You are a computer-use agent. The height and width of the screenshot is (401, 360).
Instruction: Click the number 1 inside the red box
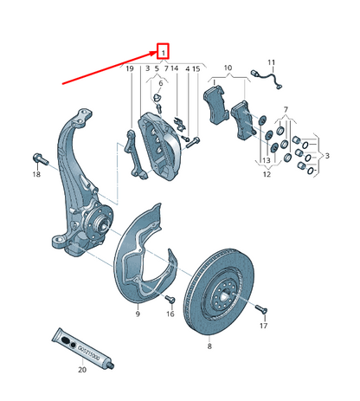(x=163, y=51)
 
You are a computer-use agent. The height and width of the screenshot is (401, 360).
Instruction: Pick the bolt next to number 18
(x=38, y=158)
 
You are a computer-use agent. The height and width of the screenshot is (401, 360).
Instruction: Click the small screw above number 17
(x=262, y=307)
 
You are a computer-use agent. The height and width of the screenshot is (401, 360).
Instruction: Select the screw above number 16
(x=170, y=298)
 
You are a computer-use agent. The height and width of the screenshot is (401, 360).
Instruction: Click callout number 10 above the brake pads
(x=228, y=67)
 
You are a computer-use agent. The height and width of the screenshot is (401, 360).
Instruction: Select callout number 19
(x=130, y=68)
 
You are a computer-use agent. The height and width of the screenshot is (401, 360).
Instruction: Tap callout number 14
(x=175, y=68)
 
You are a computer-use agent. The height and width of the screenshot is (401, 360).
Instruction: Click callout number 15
(x=196, y=68)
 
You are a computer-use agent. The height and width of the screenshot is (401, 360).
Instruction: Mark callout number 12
(x=267, y=175)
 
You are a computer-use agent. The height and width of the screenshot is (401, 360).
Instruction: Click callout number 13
(x=267, y=162)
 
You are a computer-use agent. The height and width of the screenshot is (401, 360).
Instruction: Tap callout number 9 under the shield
(x=137, y=314)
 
